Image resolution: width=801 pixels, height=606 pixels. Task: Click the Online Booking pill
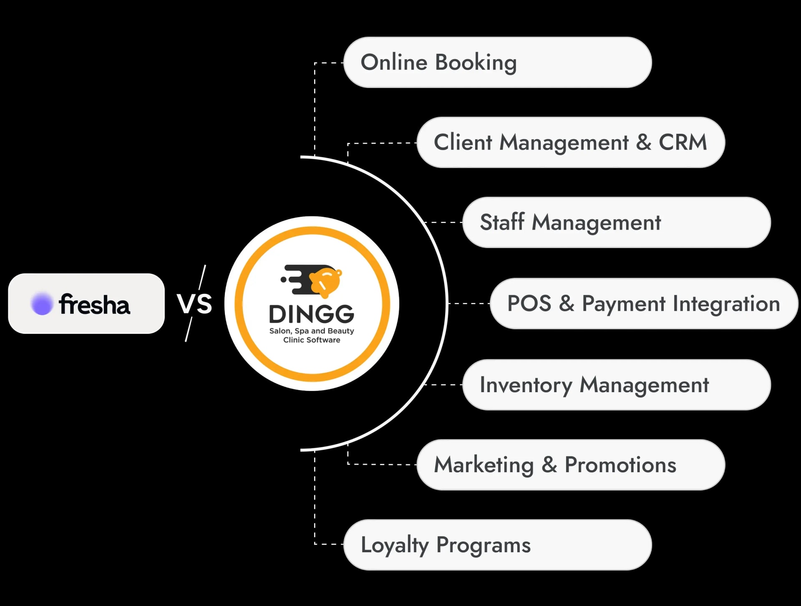click(497, 63)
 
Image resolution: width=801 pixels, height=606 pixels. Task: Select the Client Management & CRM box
click(571, 143)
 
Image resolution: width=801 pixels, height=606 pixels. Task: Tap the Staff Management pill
click(617, 223)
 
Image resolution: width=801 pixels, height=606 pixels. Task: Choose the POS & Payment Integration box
click(644, 303)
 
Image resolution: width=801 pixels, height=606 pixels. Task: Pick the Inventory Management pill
click(617, 385)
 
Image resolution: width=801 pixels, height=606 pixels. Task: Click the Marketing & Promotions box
click(571, 465)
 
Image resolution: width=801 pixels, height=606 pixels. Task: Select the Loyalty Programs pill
click(497, 545)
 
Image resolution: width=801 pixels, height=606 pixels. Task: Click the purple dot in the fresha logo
click(42, 303)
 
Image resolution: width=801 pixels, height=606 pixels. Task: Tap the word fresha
click(94, 304)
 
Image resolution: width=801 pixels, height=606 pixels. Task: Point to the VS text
click(194, 303)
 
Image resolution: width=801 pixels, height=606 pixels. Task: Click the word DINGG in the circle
click(312, 314)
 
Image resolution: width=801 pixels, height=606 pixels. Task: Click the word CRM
click(683, 143)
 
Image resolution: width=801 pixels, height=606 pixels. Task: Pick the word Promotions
click(620, 465)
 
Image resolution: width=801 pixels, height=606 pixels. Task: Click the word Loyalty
click(395, 545)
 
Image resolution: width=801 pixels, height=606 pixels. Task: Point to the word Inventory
click(526, 385)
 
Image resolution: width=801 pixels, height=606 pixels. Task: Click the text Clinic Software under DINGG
click(312, 340)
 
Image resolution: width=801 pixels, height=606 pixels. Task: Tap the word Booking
click(476, 63)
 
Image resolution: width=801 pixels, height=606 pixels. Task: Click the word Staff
click(502, 222)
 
